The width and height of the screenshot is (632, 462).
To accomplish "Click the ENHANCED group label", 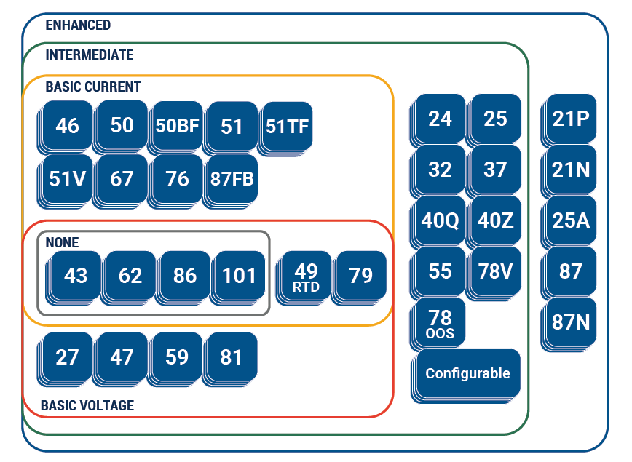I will (x=78, y=25).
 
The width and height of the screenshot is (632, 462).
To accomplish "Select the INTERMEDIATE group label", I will (x=89, y=55).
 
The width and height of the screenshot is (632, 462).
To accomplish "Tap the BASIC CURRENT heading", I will (x=92, y=87).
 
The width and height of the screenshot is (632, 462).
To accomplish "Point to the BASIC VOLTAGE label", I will (x=87, y=405).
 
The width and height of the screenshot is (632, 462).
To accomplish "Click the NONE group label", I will (x=62, y=242).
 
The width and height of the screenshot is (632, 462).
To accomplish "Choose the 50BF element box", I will (x=177, y=126).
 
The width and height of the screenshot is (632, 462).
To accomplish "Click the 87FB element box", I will (x=232, y=178).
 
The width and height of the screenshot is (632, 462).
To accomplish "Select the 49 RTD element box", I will (x=306, y=276).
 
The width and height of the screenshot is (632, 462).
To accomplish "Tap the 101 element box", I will (x=240, y=276).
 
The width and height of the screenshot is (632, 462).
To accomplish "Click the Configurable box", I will (x=467, y=374).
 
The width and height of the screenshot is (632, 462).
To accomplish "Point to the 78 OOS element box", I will (x=441, y=322).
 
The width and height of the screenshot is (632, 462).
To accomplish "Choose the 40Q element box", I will (x=440, y=220).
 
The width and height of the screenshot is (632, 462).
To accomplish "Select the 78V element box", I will (x=495, y=271).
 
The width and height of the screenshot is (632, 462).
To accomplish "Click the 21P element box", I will (x=571, y=119).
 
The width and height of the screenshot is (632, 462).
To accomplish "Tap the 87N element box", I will (x=571, y=322).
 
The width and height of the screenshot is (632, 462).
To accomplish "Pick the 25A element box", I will (x=571, y=220).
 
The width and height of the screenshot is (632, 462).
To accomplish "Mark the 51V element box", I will (x=67, y=178).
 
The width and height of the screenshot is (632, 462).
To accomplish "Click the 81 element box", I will (x=232, y=357).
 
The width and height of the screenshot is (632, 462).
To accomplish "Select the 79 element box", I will (x=361, y=276).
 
